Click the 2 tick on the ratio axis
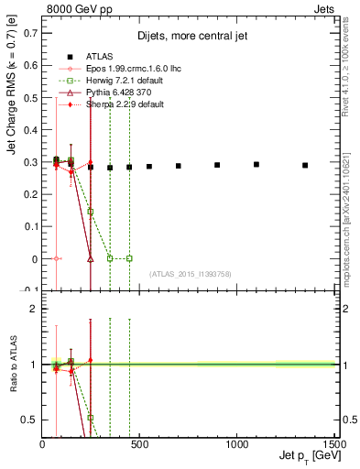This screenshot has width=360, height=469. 34,309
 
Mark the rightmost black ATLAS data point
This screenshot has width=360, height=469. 305,166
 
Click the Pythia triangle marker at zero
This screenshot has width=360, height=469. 91,258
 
